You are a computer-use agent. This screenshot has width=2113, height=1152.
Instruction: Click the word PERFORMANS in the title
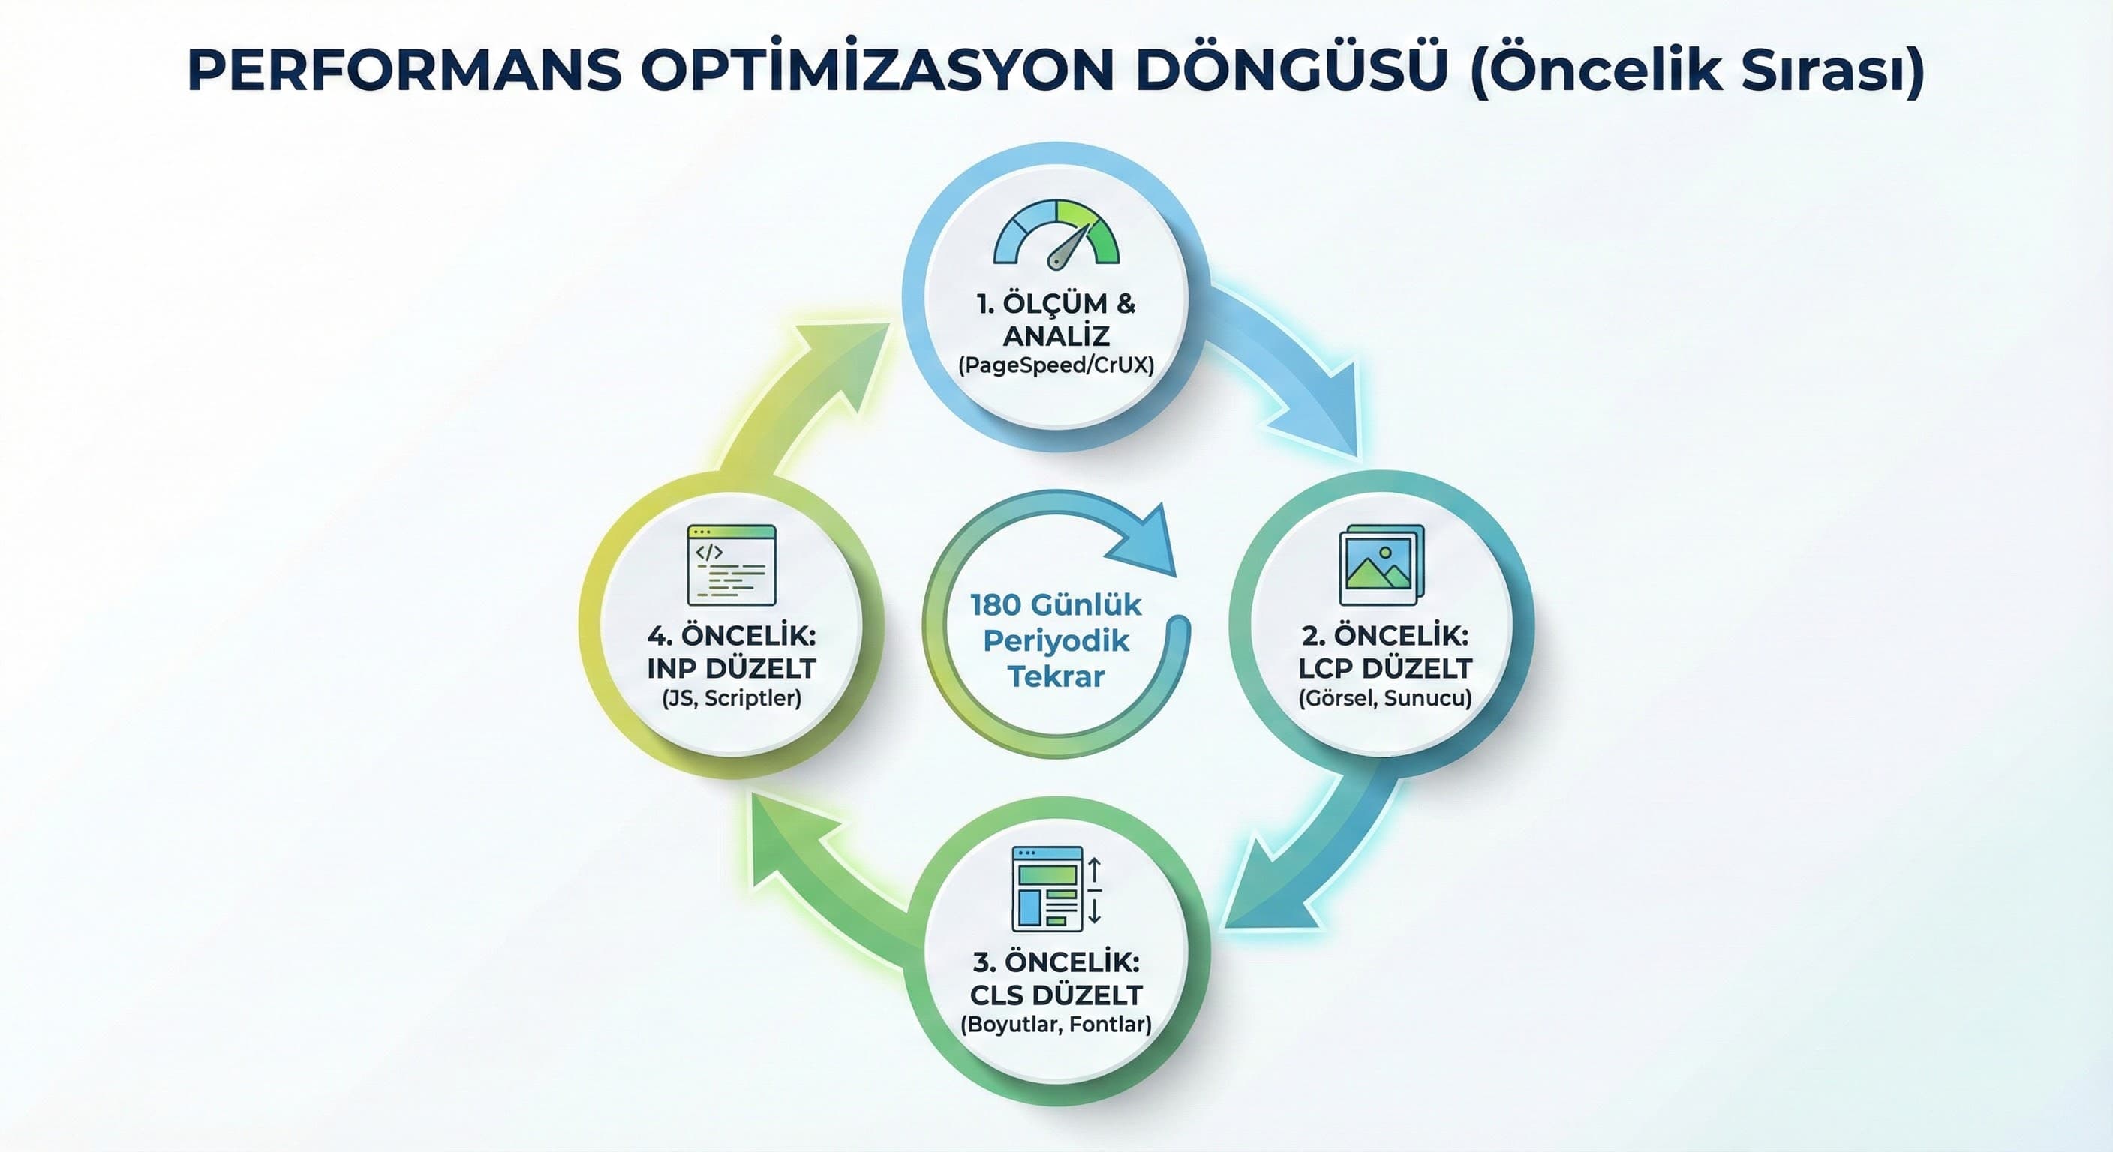point(404,71)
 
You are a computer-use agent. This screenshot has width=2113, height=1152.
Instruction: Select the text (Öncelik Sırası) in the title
point(1697,71)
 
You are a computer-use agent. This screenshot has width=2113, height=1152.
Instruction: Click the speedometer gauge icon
point(1056,235)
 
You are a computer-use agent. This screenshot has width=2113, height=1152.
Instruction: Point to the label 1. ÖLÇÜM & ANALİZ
point(1056,319)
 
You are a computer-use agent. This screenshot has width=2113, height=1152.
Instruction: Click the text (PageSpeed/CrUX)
point(1056,364)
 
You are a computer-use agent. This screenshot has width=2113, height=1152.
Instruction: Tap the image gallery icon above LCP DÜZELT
point(1381,565)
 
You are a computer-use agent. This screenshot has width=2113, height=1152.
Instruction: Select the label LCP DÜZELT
point(1384,668)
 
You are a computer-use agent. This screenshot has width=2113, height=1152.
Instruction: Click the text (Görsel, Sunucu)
point(1384,697)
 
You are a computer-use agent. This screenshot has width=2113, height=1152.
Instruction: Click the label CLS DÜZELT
point(1056,994)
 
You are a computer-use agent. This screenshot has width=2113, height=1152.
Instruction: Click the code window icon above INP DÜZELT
point(731,565)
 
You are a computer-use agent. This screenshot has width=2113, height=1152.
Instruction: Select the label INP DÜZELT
point(731,668)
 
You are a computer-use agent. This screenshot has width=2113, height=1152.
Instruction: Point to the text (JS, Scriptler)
point(731,697)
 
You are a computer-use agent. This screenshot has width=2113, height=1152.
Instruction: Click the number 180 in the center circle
point(995,605)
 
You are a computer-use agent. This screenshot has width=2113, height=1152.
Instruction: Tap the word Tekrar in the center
point(1056,676)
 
